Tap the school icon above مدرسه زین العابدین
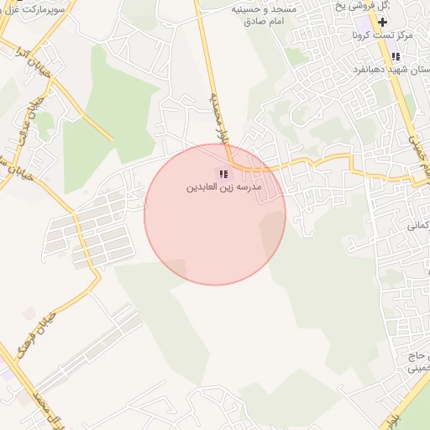pyautogui.click(x=223, y=174)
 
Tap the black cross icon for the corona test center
pyautogui.click(x=383, y=22)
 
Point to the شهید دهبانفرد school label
pyautogui.click(x=400, y=70)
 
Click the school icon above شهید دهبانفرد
pyautogui.click(x=395, y=56)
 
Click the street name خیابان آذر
pyautogui.click(x=39, y=72)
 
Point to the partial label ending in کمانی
pyautogui.click(x=417, y=225)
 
